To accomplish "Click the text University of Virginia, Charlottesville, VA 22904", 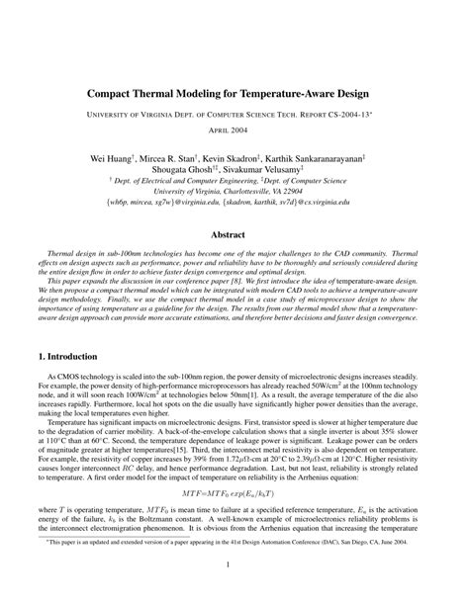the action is (x=234, y=192).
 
